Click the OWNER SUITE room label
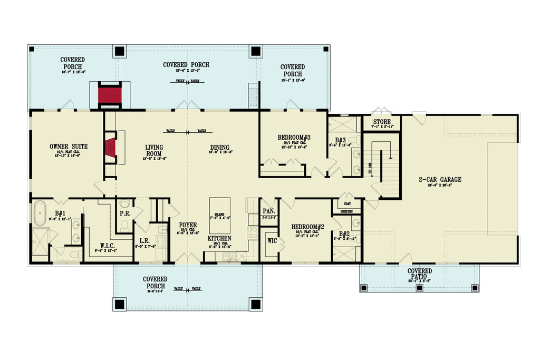(69, 146)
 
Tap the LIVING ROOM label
(154, 150)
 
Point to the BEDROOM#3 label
(294, 138)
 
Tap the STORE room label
(381, 122)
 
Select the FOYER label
(187, 225)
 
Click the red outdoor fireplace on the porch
(110, 95)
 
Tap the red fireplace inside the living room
(110, 148)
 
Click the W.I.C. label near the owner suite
(109, 245)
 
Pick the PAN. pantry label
(268, 211)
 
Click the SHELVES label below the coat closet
(346, 211)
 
